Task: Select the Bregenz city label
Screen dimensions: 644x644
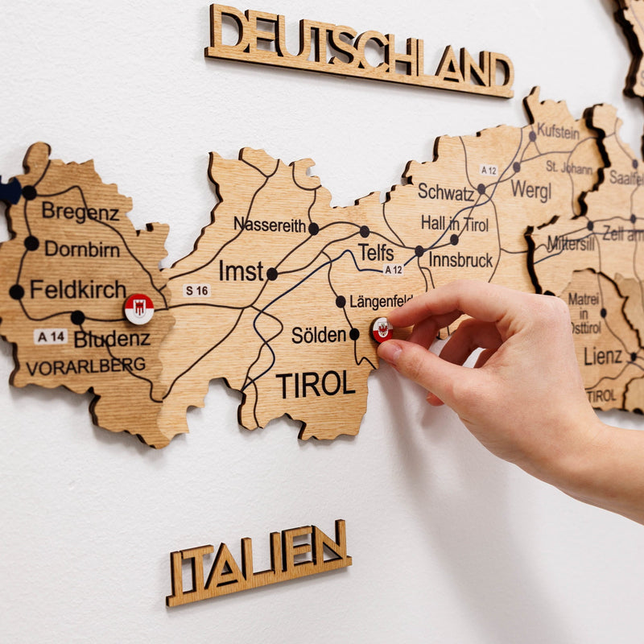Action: tap(80, 213)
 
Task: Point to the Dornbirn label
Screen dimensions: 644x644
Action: tap(81, 249)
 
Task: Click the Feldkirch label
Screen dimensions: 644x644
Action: tap(78, 289)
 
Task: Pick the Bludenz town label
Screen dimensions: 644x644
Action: tap(112, 339)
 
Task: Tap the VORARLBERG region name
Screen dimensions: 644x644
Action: tap(85, 366)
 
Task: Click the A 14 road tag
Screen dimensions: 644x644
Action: tap(51, 336)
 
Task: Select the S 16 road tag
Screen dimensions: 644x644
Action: tap(196, 290)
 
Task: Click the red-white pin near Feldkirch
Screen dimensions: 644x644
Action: tap(138, 308)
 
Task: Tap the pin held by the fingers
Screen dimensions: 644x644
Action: tap(382, 329)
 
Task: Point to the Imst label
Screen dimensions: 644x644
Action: tap(242, 272)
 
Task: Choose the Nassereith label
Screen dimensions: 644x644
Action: tap(270, 225)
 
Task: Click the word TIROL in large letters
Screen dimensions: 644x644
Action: tap(316, 386)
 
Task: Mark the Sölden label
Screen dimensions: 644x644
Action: tap(319, 335)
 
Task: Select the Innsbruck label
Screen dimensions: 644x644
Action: tap(460, 260)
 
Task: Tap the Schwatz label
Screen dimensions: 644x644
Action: tap(445, 192)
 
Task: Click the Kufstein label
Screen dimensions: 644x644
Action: tap(558, 131)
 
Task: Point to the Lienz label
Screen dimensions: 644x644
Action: tap(603, 356)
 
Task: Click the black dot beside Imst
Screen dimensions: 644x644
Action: tap(272, 274)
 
